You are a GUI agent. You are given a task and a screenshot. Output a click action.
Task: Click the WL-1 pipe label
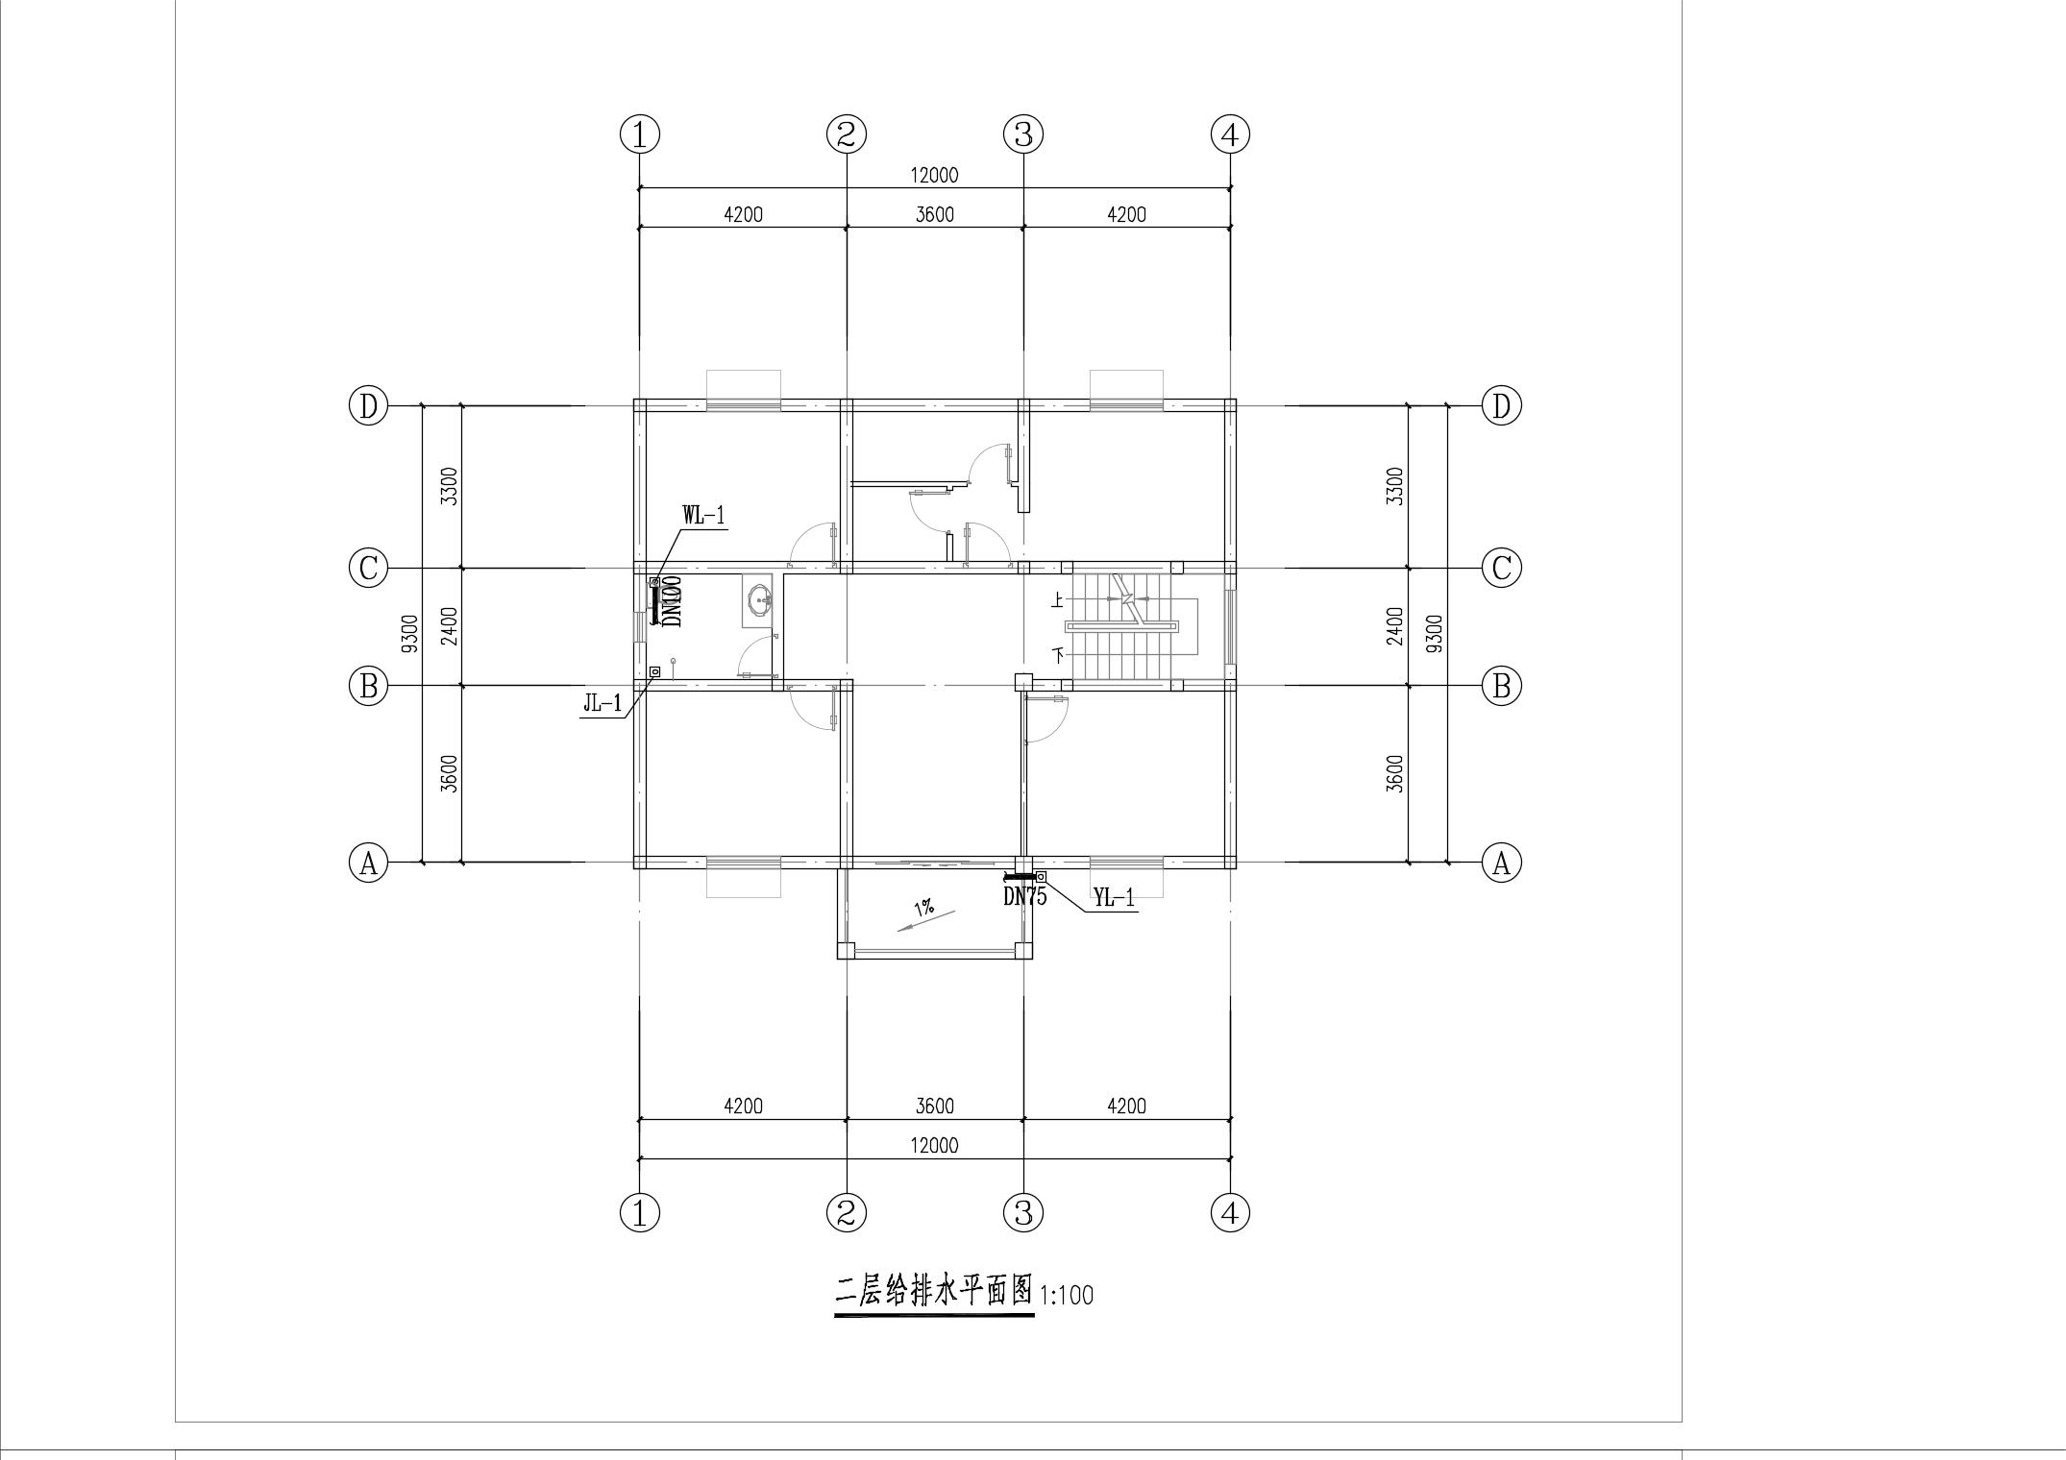pos(703,515)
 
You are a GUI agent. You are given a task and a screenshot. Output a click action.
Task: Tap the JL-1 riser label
pos(603,704)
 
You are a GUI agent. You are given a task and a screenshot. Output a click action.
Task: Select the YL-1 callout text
pos(1115,898)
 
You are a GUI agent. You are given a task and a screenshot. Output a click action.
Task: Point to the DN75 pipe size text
pos(1024,896)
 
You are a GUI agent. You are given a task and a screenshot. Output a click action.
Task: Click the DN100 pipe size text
pos(672,601)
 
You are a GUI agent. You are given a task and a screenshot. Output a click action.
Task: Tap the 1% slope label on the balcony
pos(923,907)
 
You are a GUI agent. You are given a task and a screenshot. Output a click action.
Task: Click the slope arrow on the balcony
pos(926,920)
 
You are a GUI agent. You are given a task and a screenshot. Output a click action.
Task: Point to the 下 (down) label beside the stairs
pos(1059,656)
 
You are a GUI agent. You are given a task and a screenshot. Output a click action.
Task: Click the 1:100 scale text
pos(1067,1296)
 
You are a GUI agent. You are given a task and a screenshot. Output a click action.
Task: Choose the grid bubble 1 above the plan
pos(640,134)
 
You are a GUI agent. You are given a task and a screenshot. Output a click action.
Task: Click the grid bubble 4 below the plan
pos(1230,1214)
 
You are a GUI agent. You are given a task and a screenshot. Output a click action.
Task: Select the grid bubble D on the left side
pos(367,406)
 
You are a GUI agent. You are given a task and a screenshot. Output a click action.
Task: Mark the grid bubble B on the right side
pos(1501,686)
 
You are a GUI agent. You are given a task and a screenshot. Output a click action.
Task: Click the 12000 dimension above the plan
pos(934,175)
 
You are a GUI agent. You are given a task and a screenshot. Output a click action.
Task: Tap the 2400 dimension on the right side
pos(1396,626)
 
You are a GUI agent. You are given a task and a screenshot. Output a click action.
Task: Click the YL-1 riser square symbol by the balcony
pos(1041,876)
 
